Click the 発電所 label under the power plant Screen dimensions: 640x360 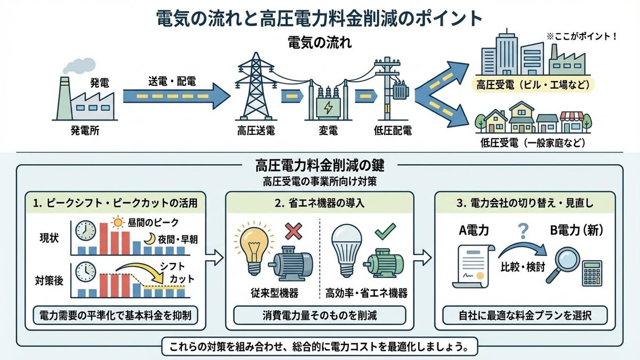coord(85,131)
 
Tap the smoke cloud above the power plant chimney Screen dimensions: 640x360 coord(79,66)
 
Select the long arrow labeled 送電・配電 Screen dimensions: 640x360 coord(177,96)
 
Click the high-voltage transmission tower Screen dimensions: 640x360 coord(255,86)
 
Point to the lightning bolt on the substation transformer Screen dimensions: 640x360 coord(329,107)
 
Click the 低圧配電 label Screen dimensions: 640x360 coord(393,131)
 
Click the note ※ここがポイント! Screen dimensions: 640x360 coord(581,37)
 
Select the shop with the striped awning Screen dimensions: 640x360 coord(571,122)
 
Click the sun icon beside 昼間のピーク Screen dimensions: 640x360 coord(118,222)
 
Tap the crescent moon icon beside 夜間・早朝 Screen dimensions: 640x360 coord(149,238)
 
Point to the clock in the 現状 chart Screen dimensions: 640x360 coord(85,231)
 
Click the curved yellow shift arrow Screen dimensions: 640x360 coord(140,271)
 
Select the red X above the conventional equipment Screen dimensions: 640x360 coord(293,231)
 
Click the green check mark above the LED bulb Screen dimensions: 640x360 coord(386,231)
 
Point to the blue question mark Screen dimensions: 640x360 coord(523,231)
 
